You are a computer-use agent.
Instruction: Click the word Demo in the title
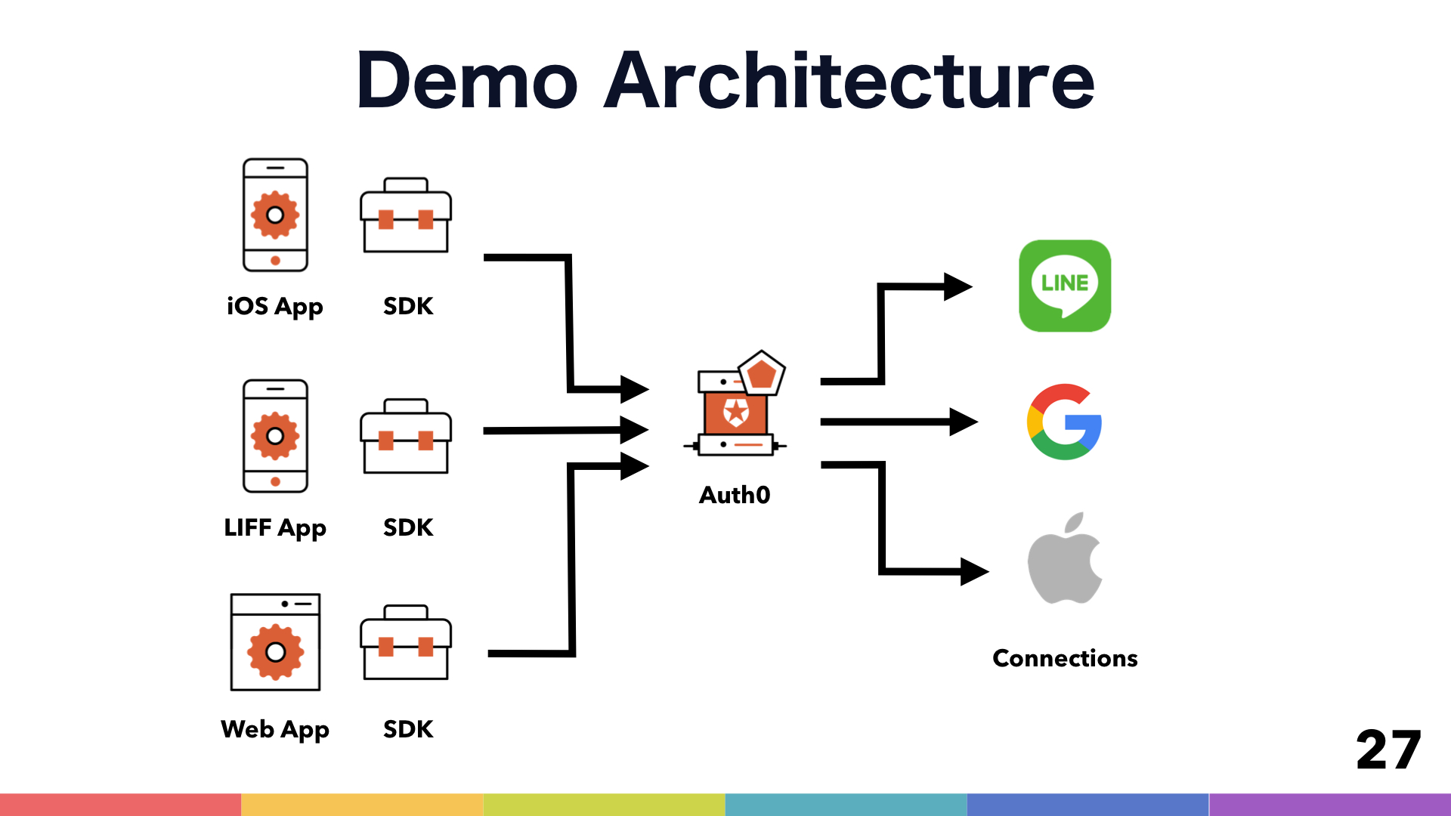coord(467,80)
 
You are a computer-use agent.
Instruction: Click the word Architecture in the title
coord(849,80)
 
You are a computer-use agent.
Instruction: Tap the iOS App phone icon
coord(275,215)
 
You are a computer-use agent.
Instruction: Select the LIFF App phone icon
coord(275,436)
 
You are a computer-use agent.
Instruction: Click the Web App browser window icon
coord(275,642)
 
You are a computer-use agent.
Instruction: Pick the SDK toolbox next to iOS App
coord(406,216)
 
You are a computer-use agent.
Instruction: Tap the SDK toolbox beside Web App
coord(406,643)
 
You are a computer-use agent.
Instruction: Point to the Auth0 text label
coord(735,495)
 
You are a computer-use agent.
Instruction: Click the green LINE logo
coord(1065,286)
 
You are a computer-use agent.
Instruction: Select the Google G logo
coord(1064,422)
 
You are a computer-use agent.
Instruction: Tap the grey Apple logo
coord(1064,559)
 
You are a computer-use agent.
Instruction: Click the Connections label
coord(1065,658)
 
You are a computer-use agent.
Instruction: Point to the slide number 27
coord(1388,750)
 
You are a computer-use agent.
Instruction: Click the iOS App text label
coord(275,307)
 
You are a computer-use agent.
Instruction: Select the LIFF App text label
coord(275,527)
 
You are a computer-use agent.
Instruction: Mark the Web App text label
coord(275,730)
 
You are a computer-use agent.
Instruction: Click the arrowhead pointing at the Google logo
coord(963,422)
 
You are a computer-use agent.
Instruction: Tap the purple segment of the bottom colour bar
coord(1330,804)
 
